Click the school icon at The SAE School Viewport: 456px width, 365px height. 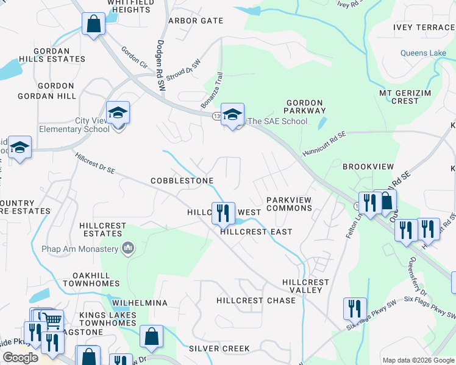[x=232, y=114]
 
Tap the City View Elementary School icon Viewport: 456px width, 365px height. [x=118, y=113]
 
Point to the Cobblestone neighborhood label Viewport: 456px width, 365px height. [x=182, y=181]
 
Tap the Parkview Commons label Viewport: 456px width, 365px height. [x=289, y=204]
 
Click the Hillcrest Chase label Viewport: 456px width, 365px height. [x=256, y=301]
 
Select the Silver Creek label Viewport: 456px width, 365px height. [x=219, y=349]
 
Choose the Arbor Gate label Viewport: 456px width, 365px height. [x=196, y=21]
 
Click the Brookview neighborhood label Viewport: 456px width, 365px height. [x=368, y=166]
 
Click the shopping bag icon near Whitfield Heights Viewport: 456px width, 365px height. [x=93, y=24]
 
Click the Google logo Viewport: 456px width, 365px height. [x=21, y=358]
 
